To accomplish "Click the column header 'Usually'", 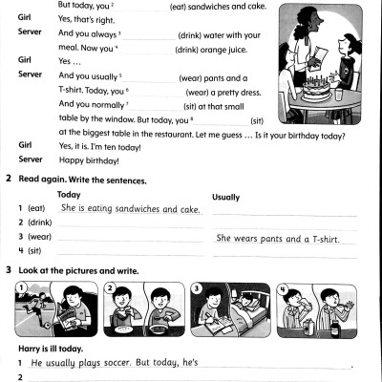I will pyautogui.click(x=225, y=197).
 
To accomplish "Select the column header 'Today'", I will pyautogui.click(x=69, y=194).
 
